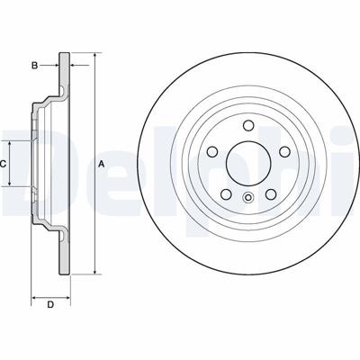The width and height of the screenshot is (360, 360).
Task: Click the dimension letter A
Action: (x=102, y=163)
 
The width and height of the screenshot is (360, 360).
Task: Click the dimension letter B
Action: (x=35, y=65)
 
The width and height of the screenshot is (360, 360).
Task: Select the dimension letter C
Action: (x=4, y=163)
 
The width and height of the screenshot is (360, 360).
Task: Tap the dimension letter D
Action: (x=50, y=304)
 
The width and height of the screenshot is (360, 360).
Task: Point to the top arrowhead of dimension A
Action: (x=93, y=56)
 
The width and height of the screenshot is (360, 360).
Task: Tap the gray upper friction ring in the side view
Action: (x=64, y=76)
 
